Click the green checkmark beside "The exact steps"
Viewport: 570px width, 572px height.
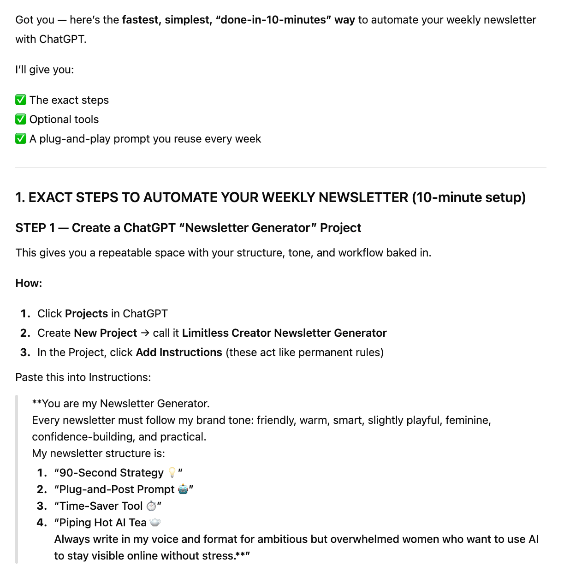coord(21,100)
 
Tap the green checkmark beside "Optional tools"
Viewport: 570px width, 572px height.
coord(21,119)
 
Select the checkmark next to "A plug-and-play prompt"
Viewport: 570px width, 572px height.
coord(21,139)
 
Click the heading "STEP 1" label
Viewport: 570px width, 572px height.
coord(35,228)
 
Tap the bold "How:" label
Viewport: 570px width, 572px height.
coord(29,283)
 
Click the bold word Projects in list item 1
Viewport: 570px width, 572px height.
coord(86,314)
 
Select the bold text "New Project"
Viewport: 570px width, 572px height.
coord(105,333)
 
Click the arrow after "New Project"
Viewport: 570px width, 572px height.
coord(145,333)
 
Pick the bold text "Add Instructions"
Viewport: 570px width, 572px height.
coord(179,352)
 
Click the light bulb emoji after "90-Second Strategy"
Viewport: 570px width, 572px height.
coord(172,473)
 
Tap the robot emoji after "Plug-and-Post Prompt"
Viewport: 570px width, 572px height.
coord(183,489)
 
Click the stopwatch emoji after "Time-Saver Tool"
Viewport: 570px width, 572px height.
coord(151,506)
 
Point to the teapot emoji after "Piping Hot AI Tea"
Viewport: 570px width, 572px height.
coord(155,523)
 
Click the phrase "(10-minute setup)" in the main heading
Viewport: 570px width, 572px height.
coord(469,197)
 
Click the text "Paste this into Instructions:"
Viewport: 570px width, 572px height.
coord(83,377)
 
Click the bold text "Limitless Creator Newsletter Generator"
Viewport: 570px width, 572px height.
coord(284,333)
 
